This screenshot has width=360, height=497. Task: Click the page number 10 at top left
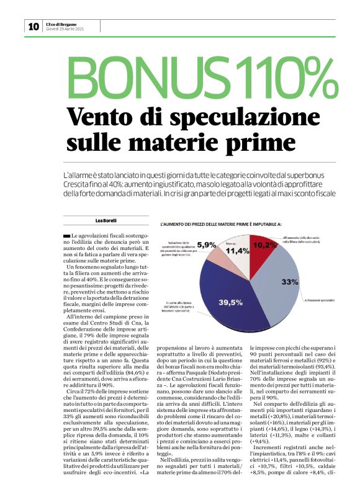point(33,26)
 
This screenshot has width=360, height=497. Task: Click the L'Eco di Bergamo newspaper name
point(62,23)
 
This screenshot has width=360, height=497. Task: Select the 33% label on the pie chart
point(289,281)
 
